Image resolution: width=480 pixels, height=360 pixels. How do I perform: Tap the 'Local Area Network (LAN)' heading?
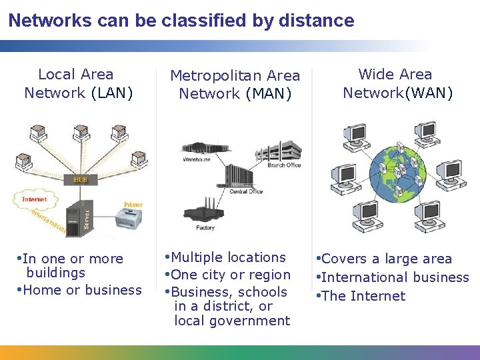tap(78, 84)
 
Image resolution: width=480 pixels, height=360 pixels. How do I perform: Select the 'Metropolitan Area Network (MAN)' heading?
tap(235, 85)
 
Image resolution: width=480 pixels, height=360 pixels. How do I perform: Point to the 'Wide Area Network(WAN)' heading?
tap(397, 83)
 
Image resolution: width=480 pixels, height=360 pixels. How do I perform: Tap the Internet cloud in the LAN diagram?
tap(35, 199)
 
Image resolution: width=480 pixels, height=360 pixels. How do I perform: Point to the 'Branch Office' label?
tap(284, 165)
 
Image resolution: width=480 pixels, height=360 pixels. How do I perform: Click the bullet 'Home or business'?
tap(82, 290)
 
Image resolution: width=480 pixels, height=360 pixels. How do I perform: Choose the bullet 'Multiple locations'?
tap(229, 257)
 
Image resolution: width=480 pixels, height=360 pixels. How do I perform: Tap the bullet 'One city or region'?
tap(231, 275)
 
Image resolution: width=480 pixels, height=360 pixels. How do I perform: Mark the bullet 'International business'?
tap(395, 277)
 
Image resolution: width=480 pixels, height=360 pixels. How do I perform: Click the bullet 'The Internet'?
tap(363, 296)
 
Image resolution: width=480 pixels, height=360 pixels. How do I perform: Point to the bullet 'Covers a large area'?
tap(387, 259)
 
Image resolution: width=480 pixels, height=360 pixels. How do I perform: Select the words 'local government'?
tap(232, 321)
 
